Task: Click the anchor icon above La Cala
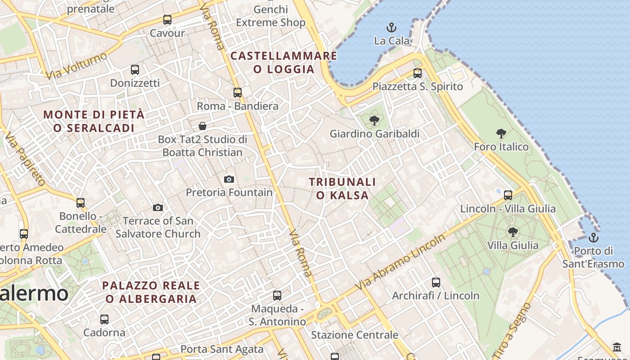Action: [391, 27]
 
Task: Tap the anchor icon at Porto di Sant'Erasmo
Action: [594, 237]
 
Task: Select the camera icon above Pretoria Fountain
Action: [229, 179]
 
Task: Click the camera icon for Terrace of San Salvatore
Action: [157, 207]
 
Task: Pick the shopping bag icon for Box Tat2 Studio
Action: [202, 126]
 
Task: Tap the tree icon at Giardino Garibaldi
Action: [374, 121]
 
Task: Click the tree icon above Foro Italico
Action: [501, 134]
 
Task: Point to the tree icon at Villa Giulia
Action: [513, 232]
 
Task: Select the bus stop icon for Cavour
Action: [167, 20]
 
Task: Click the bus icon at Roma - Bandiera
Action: [238, 93]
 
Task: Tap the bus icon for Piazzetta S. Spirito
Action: [418, 73]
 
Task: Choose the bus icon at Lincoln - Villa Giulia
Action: [508, 195]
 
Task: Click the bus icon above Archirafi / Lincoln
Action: [436, 282]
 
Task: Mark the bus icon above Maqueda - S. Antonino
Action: [277, 296]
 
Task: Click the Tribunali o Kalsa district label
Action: [342, 189]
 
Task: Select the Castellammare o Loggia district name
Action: [283, 63]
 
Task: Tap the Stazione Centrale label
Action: [355, 335]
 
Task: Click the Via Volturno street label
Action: [76, 66]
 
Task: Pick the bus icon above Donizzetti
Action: [135, 70]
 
